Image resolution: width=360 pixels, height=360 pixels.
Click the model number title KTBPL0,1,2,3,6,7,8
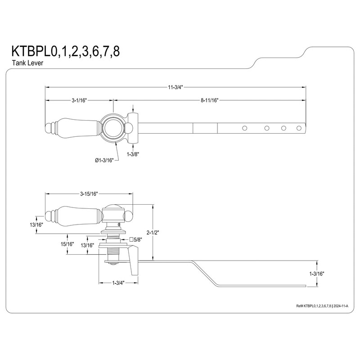coord(66,50)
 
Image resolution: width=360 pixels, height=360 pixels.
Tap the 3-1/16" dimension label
coord(78,100)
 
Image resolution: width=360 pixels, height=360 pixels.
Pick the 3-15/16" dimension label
coord(89,194)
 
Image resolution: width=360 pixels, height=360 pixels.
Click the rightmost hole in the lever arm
coord(299,128)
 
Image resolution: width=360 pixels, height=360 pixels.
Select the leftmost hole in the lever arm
coord(245,128)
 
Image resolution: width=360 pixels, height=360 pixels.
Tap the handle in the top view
coord(72,128)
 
